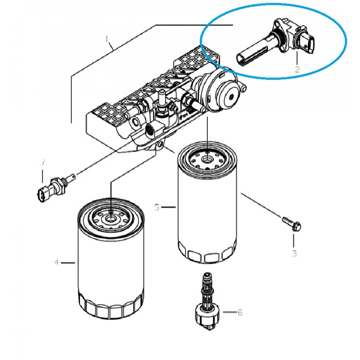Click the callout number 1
[x=108, y=39]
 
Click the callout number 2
[x=297, y=69]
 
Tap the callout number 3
[x=294, y=253]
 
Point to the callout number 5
[x=157, y=207]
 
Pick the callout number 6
[x=240, y=312]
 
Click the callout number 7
[x=43, y=163]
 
